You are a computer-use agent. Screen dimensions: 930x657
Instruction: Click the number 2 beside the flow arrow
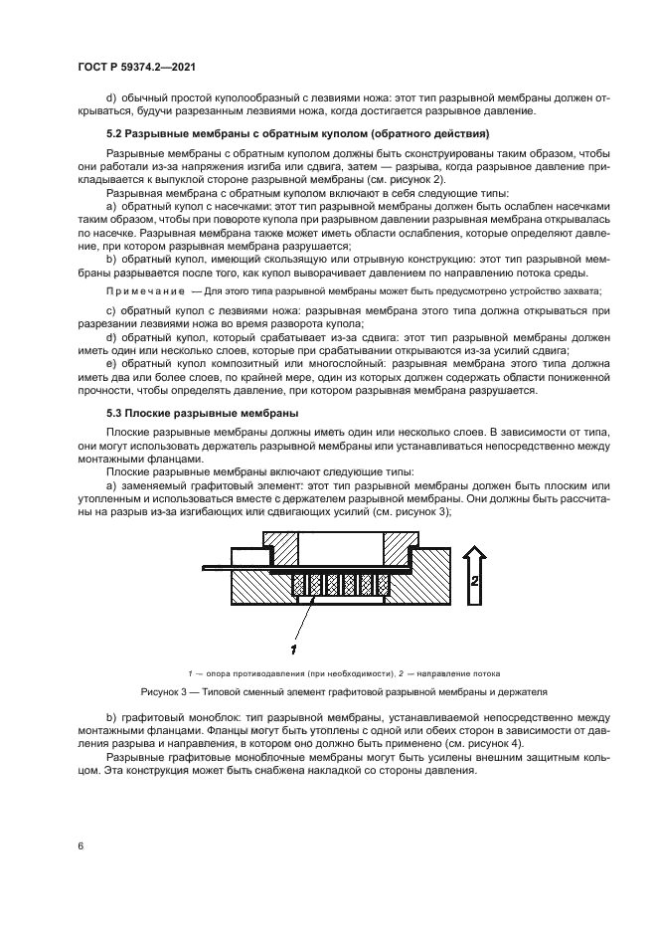click(x=475, y=580)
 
